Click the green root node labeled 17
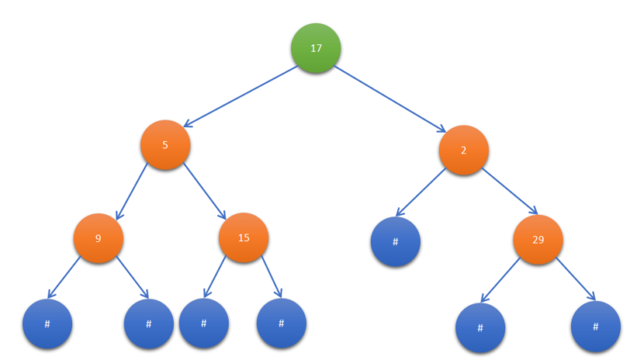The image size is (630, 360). [316, 48]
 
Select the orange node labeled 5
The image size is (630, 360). [165, 145]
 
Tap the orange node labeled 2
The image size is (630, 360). [463, 150]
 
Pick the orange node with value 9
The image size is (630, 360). [98, 239]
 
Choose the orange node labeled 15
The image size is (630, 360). [244, 239]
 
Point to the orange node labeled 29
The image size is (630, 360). [538, 240]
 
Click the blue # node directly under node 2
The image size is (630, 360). [395, 242]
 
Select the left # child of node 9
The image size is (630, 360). [47, 324]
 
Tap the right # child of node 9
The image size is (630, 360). [148, 324]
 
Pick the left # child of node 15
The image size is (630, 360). [203, 323]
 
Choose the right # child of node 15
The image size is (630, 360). [281, 324]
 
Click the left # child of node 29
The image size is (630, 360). [480, 327]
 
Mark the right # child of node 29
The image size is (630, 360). [596, 326]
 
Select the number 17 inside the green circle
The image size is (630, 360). [316, 48]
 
